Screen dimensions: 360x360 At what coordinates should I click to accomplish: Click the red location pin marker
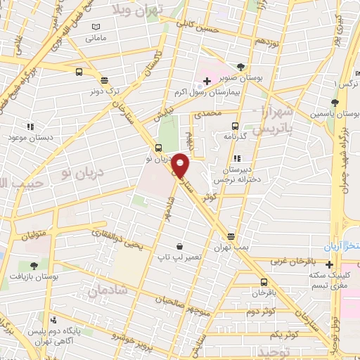tap(181, 166)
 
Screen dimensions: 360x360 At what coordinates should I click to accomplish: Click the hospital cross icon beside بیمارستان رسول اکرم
tap(207, 82)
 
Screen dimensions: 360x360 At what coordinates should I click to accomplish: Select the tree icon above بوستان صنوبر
tap(241, 67)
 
